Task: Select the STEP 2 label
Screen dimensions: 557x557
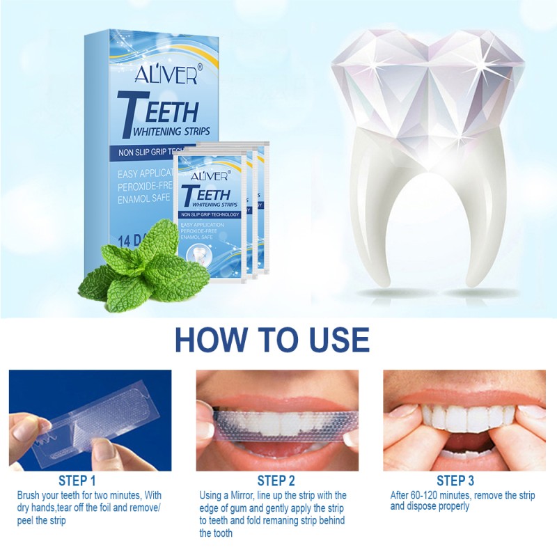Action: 276,480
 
